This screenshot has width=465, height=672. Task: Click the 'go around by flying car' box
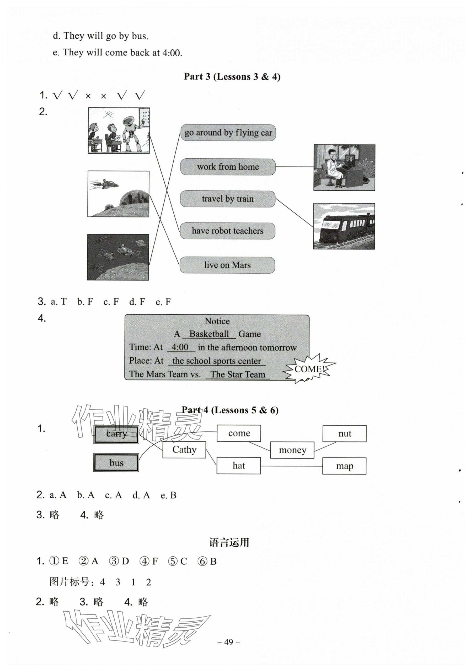pyautogui.click(x=228, y=133)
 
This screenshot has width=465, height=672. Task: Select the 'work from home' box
pyautogui.click(x=228, y=167)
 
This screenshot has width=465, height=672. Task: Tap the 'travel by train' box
pyautogui.click(x=228, y=199)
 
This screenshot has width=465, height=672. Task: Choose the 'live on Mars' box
pyautogui.click(x=227, y=265)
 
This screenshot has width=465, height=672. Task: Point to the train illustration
pyautogui.click(x=344, y=226)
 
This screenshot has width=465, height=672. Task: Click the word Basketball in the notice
pyautogui.click(x=209, y=334)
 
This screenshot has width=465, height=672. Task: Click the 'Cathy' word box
pyautogui.click(x=184, y=450)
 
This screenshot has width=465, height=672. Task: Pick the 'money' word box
pyautogui.click(x=292, y=450)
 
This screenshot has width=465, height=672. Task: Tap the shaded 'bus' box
pyautogui.click(x=116, y=463)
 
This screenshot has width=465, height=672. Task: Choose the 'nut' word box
pyautogui.click(x=344, y=434)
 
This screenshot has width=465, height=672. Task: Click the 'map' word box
pyautogui.click(x=344, y=466)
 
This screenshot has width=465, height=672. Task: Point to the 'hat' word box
pyautogui.click(x=239, y=466)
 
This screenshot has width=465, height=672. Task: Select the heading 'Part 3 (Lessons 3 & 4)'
pyautogui.click(x=232, y=77)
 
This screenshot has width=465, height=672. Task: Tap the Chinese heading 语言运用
pyautogui.click(x=229, y=543)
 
